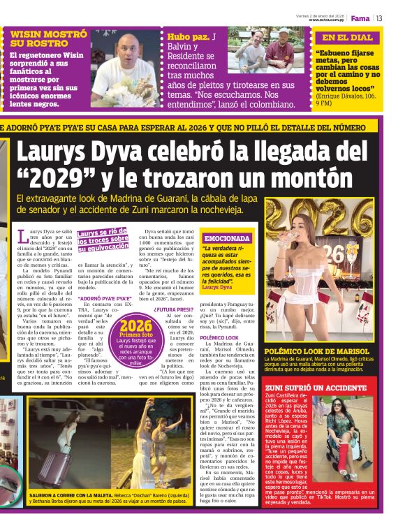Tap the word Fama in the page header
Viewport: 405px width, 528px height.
click(x=360, y=17)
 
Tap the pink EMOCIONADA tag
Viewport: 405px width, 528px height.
click(x=226, y=238)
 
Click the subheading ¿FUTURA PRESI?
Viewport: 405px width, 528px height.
click(x=174, y=308)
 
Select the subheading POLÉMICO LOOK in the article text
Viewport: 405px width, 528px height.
click(x=219, y=337)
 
